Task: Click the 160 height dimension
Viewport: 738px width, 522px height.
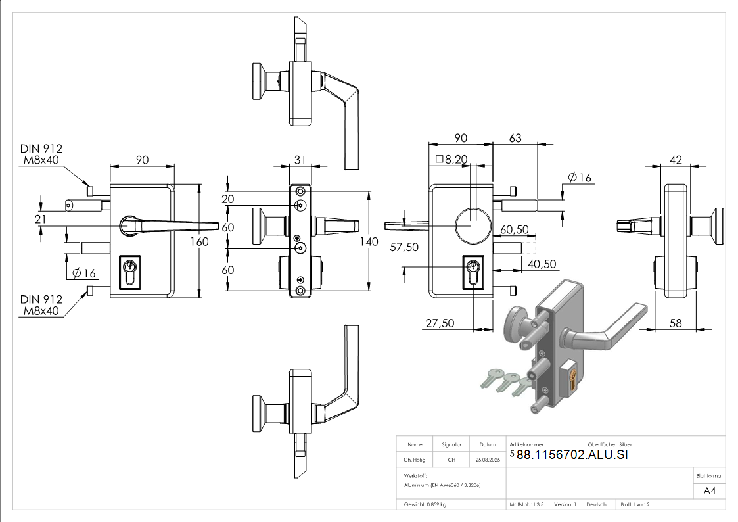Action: click(x=199, y=241)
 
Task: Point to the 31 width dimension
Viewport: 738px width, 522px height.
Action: click(x=300, y=159)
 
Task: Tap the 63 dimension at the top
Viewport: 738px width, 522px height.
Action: click(x=515, y=138)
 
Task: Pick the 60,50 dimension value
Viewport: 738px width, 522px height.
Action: click(x=515, y=229)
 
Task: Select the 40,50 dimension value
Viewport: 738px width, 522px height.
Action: click(x=542, y=264)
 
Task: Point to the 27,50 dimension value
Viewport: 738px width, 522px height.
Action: click(x=440, y=323)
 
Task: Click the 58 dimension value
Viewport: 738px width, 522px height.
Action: click(x=676, y=323)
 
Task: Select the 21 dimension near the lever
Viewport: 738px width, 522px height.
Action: click(x=41, y=219)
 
